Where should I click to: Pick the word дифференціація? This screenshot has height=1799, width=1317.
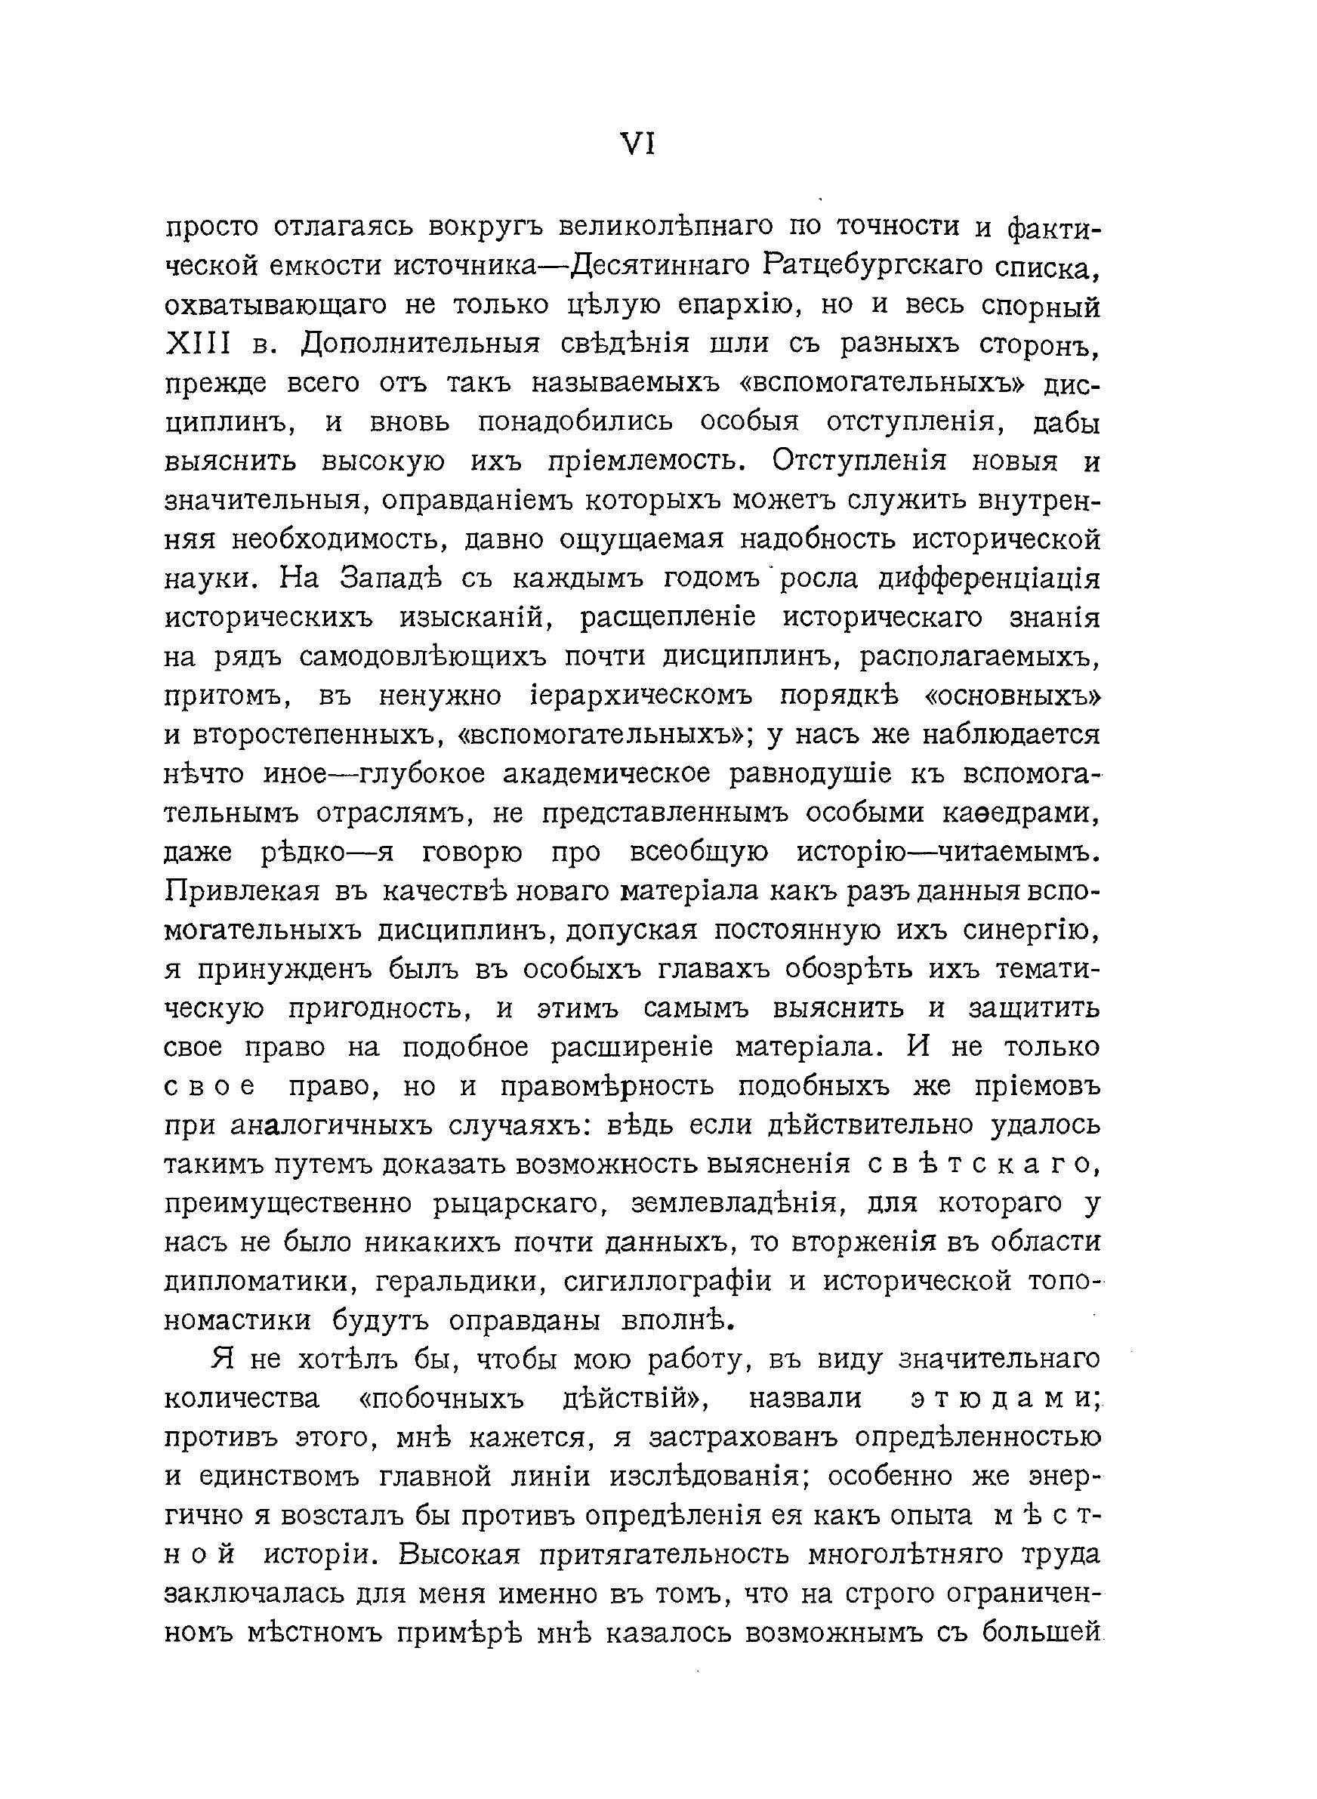click(x=989, y=579)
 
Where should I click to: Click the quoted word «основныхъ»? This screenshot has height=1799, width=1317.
click(x=1012, y=696)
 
